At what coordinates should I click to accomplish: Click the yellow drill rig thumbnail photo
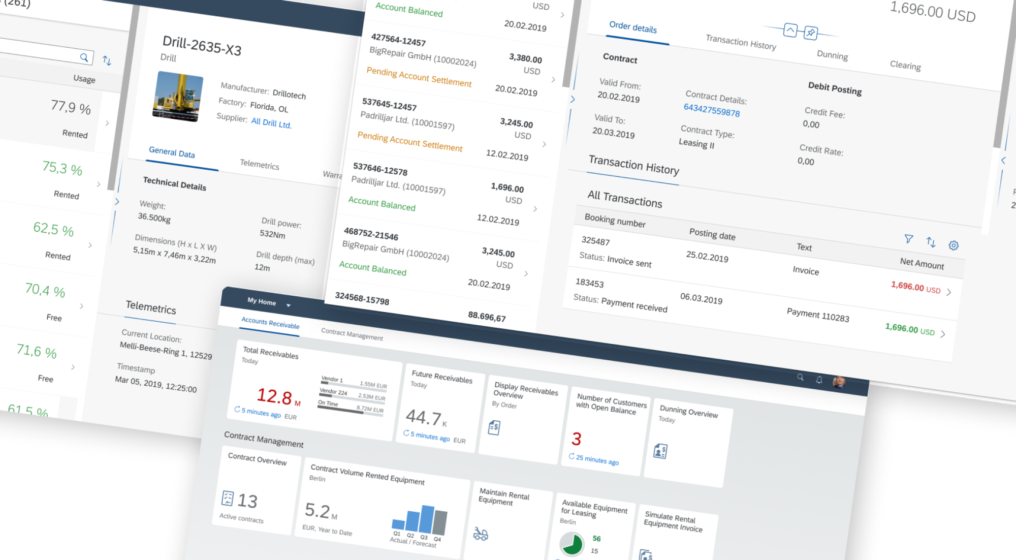(178, 97)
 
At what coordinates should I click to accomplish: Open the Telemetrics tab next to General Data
(259, 164)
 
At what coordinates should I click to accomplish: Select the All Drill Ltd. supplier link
(271, 123)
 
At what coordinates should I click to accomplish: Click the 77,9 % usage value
(71, 107)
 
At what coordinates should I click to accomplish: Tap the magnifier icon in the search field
(84, 57)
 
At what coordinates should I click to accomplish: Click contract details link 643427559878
(711, 110)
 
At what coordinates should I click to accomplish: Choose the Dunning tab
(832, 55)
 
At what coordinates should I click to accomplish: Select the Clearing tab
(905, 65)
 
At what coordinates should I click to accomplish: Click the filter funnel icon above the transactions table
(908, 238)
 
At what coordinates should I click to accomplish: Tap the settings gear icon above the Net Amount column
(954, 245)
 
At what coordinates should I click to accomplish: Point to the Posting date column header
(712, 234)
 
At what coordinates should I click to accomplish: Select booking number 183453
(589, 283)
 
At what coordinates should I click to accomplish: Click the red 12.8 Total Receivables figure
(274, 396)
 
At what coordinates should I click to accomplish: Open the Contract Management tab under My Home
(352, 334)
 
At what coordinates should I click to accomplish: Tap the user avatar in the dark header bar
(839, 382)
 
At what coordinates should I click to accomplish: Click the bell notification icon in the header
(819, 380)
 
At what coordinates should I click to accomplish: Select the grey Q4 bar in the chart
(440, 522)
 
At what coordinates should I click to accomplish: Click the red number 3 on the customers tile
(576, 439)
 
